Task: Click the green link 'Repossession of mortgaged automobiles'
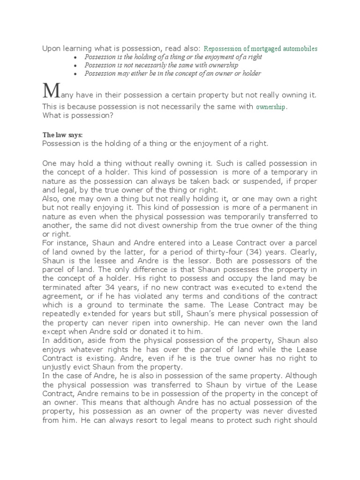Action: [x=261, y=48]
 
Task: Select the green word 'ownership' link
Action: [x=270, y=107]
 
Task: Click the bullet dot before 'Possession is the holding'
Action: [x=76, y=57]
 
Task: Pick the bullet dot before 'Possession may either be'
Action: [x=76, y=74]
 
